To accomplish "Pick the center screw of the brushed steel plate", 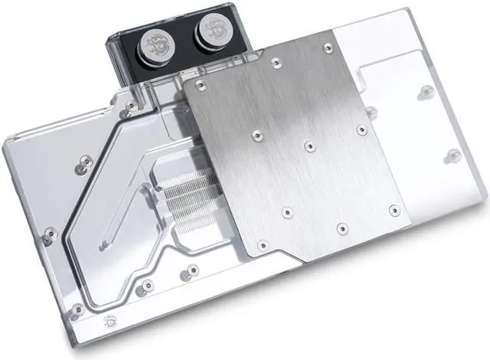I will pyautogui.click(x=309, y=146).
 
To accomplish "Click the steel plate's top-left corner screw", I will pyautogui.click(x=200, y=85).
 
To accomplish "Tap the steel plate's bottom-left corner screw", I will pyautogui.click(x=263, y=245).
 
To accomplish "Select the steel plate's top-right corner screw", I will pyautogui.click(x=328, y=47).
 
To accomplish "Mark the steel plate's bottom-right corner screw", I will pyautogui.click(x=394, y=209).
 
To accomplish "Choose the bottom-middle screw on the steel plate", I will pyautogui.click(x=342, y=228).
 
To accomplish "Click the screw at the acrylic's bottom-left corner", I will pyautogui.click(x=77, y=310).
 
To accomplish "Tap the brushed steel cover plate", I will pyautogui.click(x=299, y=153).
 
